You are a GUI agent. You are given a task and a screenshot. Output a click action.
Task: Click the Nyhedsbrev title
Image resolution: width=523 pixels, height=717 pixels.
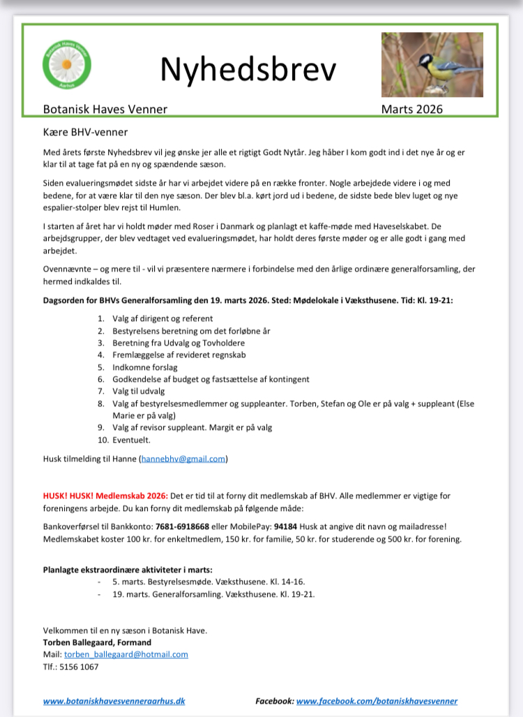point(248,69)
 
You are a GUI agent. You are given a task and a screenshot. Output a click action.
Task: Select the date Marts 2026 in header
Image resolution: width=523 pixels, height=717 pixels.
point(411,109)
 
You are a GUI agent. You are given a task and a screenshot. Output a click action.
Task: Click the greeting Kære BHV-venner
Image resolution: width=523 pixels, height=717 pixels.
point(86,132)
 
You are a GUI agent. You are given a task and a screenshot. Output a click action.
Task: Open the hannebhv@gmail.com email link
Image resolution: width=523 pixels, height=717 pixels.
point(183,459)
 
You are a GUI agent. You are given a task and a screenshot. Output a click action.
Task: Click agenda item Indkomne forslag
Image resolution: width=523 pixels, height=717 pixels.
point(145,367)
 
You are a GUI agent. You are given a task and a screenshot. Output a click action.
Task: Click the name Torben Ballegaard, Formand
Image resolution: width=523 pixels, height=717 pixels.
point(97,642)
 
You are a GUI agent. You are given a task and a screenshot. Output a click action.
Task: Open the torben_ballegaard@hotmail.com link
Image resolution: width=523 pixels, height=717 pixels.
point(126,654)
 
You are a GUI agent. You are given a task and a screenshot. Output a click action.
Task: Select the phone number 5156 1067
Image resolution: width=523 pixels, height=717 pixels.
point(79,667)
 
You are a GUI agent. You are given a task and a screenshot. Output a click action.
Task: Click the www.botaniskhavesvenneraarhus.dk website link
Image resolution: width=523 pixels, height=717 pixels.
point(114,701)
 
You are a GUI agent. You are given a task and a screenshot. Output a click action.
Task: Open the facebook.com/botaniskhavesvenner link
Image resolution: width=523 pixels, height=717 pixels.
point(377,701)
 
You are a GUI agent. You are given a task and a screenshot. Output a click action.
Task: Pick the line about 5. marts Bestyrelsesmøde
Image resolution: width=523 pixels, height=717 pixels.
point(209,582)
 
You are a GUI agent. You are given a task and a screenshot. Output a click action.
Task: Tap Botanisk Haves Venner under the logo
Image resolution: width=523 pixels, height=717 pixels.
point(105,109)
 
